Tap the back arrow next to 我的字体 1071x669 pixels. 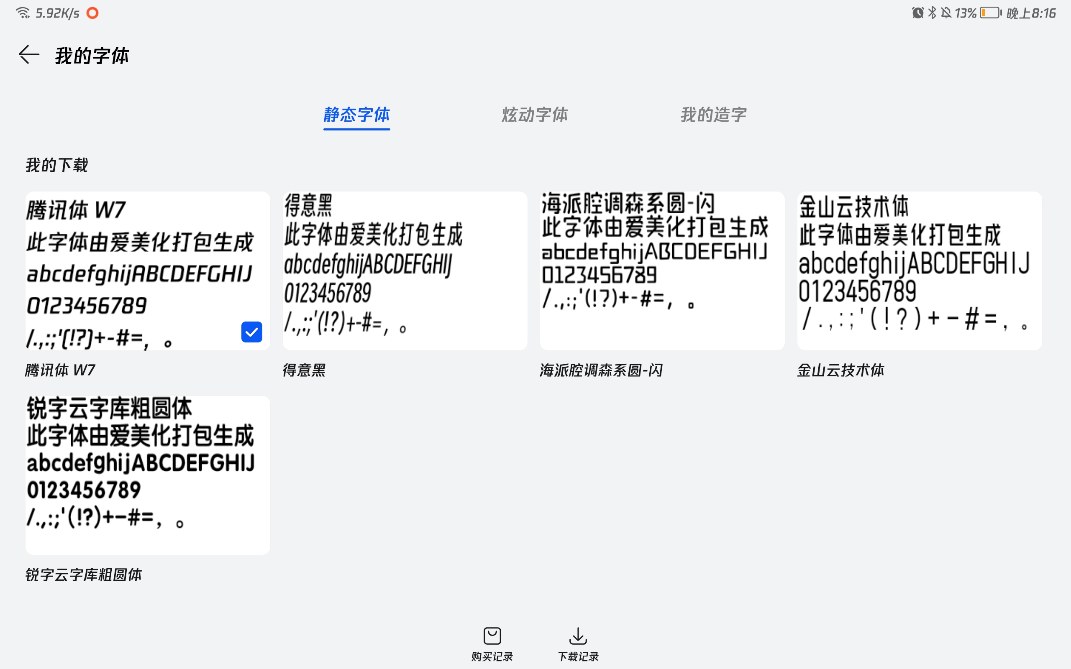[x=29, y=55]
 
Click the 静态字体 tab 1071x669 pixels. [x=357, y=115]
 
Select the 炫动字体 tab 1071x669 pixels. [x=535, y=115]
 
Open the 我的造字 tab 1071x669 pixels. [x=713, y=115]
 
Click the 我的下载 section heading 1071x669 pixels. [x=56, y=165]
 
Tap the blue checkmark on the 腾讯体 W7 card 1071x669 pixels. [x=252, y=332]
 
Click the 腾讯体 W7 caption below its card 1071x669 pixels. [x=60, y=370]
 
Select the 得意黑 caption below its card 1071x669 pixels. [x=304, y=370]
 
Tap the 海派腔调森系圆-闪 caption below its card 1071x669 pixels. [x=601, y=370]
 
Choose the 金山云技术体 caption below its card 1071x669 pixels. [x=840, y=370]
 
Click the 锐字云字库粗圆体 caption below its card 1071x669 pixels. [x=84, y=575]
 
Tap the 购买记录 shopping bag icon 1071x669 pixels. [x=492, y=636]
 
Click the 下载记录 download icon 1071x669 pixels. [x=578, y=636]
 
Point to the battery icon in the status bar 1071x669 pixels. [x=990, y=13]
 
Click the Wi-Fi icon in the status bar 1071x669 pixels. [x=23, y=13]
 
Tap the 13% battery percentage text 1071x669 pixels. [x=965, y=13]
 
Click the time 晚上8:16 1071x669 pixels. [x=1031, y=13]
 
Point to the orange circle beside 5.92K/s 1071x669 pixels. [x=92, y=13]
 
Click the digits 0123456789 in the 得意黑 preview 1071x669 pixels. [x=328, y=293]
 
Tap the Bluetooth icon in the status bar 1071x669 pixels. [x=932, y=13]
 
